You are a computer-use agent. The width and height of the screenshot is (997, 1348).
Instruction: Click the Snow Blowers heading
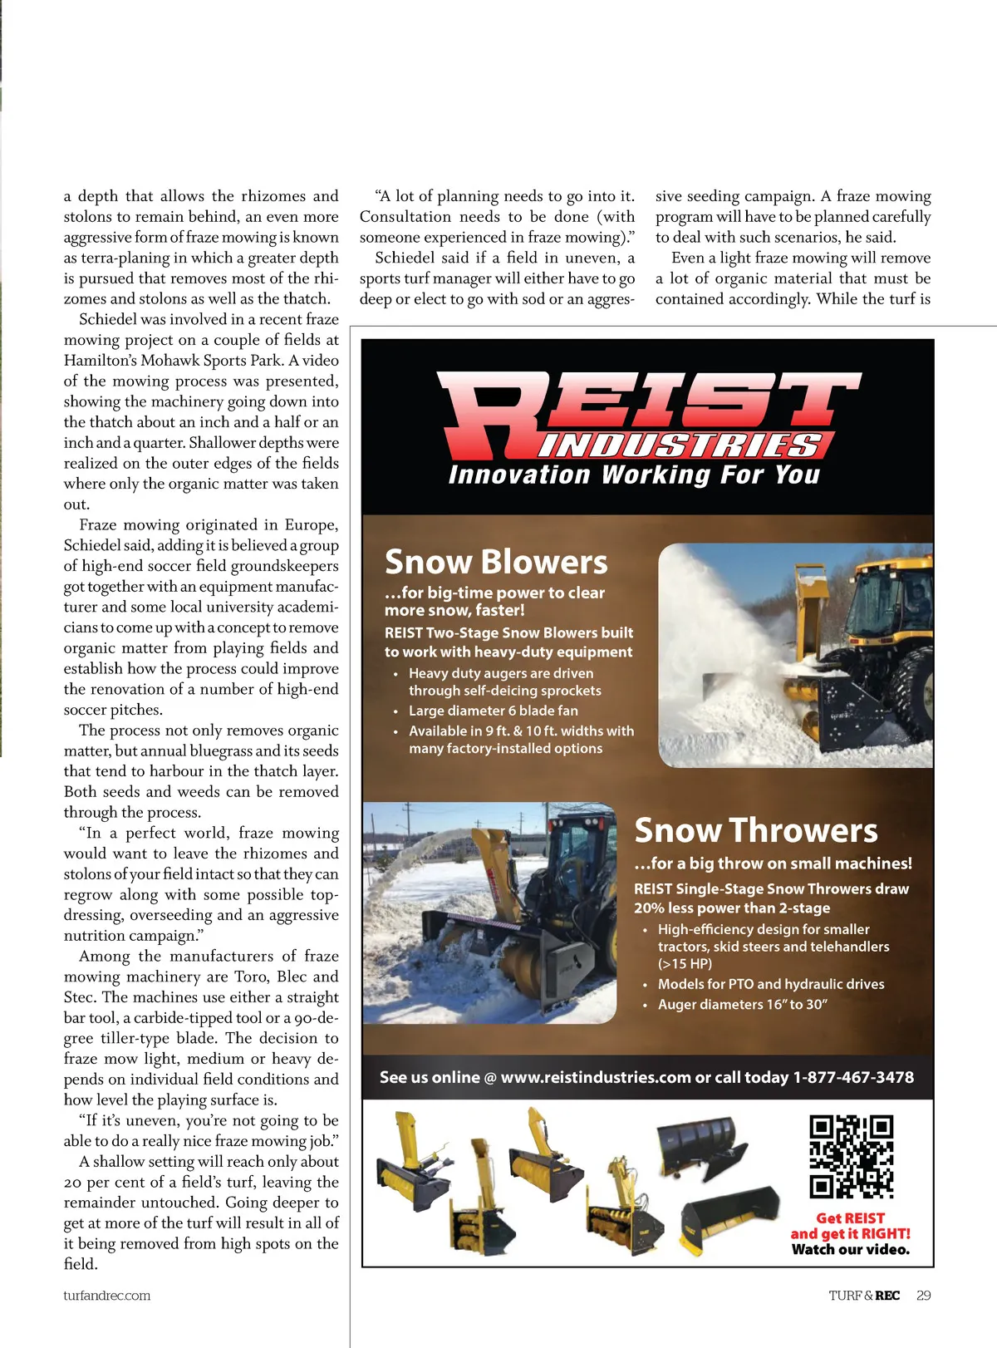tap(496, 563)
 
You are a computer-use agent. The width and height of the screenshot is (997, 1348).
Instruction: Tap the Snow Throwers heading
tap(755, 830)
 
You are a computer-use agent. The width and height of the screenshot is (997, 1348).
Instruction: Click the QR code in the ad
tap(851, 1156)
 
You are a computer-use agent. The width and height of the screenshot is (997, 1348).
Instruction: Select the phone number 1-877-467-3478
tap(853, 1077)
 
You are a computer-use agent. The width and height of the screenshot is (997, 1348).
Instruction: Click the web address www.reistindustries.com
tap(596, 1077)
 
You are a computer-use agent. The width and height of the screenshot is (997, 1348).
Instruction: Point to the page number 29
tap(924, 1295)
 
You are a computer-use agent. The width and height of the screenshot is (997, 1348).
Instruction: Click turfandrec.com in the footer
tap(107, 1295)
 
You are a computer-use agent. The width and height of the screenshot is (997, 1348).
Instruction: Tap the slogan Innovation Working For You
tap(634, 475)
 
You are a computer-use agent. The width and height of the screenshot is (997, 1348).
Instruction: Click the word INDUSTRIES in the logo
tap(680, 445)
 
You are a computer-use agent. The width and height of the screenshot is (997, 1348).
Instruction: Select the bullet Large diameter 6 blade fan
tap(493, 711)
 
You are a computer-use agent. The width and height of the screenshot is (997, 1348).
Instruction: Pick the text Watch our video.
tap(850, 1249)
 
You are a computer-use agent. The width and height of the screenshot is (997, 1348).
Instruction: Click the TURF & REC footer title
tap(863, 1295)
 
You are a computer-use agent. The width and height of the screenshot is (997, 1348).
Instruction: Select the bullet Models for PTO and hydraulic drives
tap(770, 984)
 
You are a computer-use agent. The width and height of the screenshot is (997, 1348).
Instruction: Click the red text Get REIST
tap(850, 1218)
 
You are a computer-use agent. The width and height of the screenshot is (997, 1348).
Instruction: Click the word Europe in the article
tap(311, 525)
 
